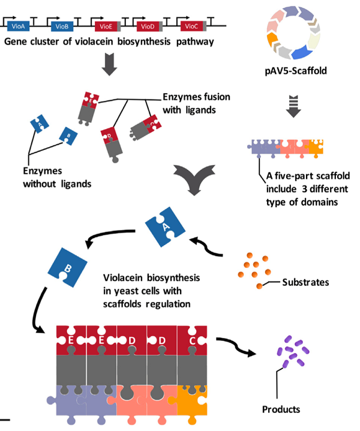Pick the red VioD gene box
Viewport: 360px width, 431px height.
pos(147,26)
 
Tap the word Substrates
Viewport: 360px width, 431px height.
pos(305,281)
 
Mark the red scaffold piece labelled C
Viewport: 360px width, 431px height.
pos(191,340)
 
